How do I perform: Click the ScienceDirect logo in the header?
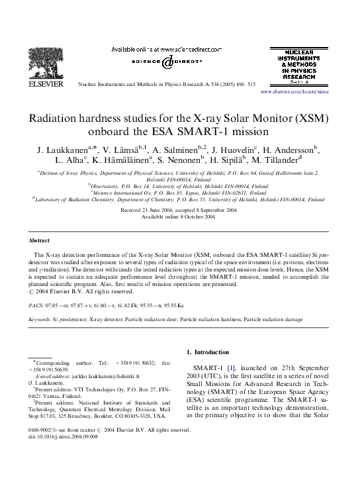click(x=166, y=62)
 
